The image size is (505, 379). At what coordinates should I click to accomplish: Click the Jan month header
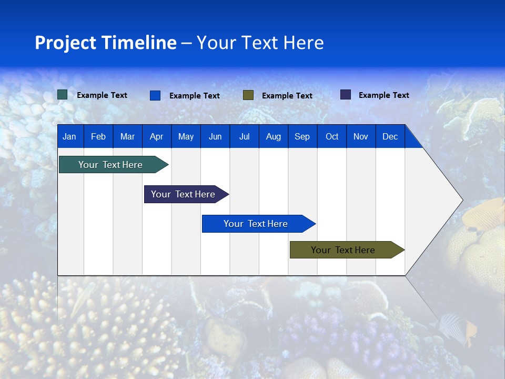tap(69, 137)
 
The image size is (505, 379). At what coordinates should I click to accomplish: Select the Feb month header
tap(98, 137)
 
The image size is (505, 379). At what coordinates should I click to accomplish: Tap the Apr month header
tap(156, 137)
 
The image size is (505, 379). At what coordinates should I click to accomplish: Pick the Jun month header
tap(215, 137)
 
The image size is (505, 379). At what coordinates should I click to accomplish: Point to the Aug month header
tap(273, 137)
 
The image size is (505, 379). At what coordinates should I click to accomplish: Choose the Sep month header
tap(302, 137)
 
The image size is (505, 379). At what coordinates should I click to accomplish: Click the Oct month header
tap(332, 137)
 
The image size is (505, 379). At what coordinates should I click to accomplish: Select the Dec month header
tap(390, 137)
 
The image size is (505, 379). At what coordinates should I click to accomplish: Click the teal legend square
tap(63, 95)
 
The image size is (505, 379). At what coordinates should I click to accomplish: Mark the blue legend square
tap(155, 95)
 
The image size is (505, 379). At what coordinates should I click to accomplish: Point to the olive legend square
tap(248, 95)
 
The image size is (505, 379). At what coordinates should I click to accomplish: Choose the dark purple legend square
tap(346, 95)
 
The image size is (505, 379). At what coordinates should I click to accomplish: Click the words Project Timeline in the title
tap(106, 43)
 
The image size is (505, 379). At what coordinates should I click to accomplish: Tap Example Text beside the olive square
tap(287, 96)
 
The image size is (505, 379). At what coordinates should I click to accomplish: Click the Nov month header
tap(361, 137)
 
